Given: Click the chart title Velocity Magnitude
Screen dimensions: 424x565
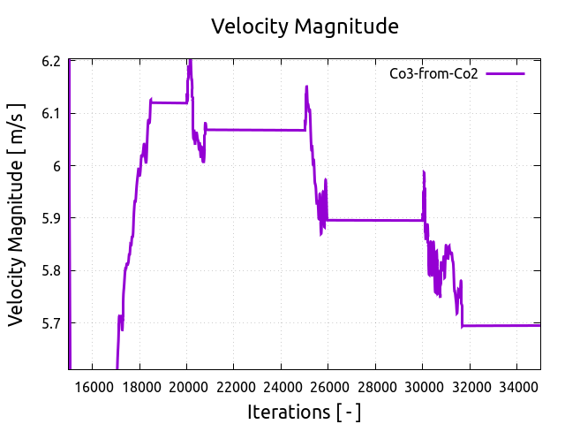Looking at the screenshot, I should pos(305,26).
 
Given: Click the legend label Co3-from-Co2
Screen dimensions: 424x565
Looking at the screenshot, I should pos(433,74).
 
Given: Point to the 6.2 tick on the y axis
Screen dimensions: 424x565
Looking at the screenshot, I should pos(51,61).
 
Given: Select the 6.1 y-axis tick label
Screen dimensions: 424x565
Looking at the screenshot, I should pos(51,113).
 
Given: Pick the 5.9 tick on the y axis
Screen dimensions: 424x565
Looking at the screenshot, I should pos(51,218).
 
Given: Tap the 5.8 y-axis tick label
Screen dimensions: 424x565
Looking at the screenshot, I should pos(51,270).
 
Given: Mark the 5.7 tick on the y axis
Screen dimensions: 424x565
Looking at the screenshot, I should pos(51,322).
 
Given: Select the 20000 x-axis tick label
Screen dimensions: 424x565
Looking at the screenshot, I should pos(186,386).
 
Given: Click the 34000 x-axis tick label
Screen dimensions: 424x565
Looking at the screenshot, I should pos(516,386).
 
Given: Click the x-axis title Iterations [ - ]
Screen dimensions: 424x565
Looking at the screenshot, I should pos(305,412).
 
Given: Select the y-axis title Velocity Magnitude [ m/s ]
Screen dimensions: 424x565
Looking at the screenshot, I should pos(17,215).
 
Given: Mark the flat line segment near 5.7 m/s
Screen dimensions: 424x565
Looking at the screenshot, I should pos(503,325).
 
